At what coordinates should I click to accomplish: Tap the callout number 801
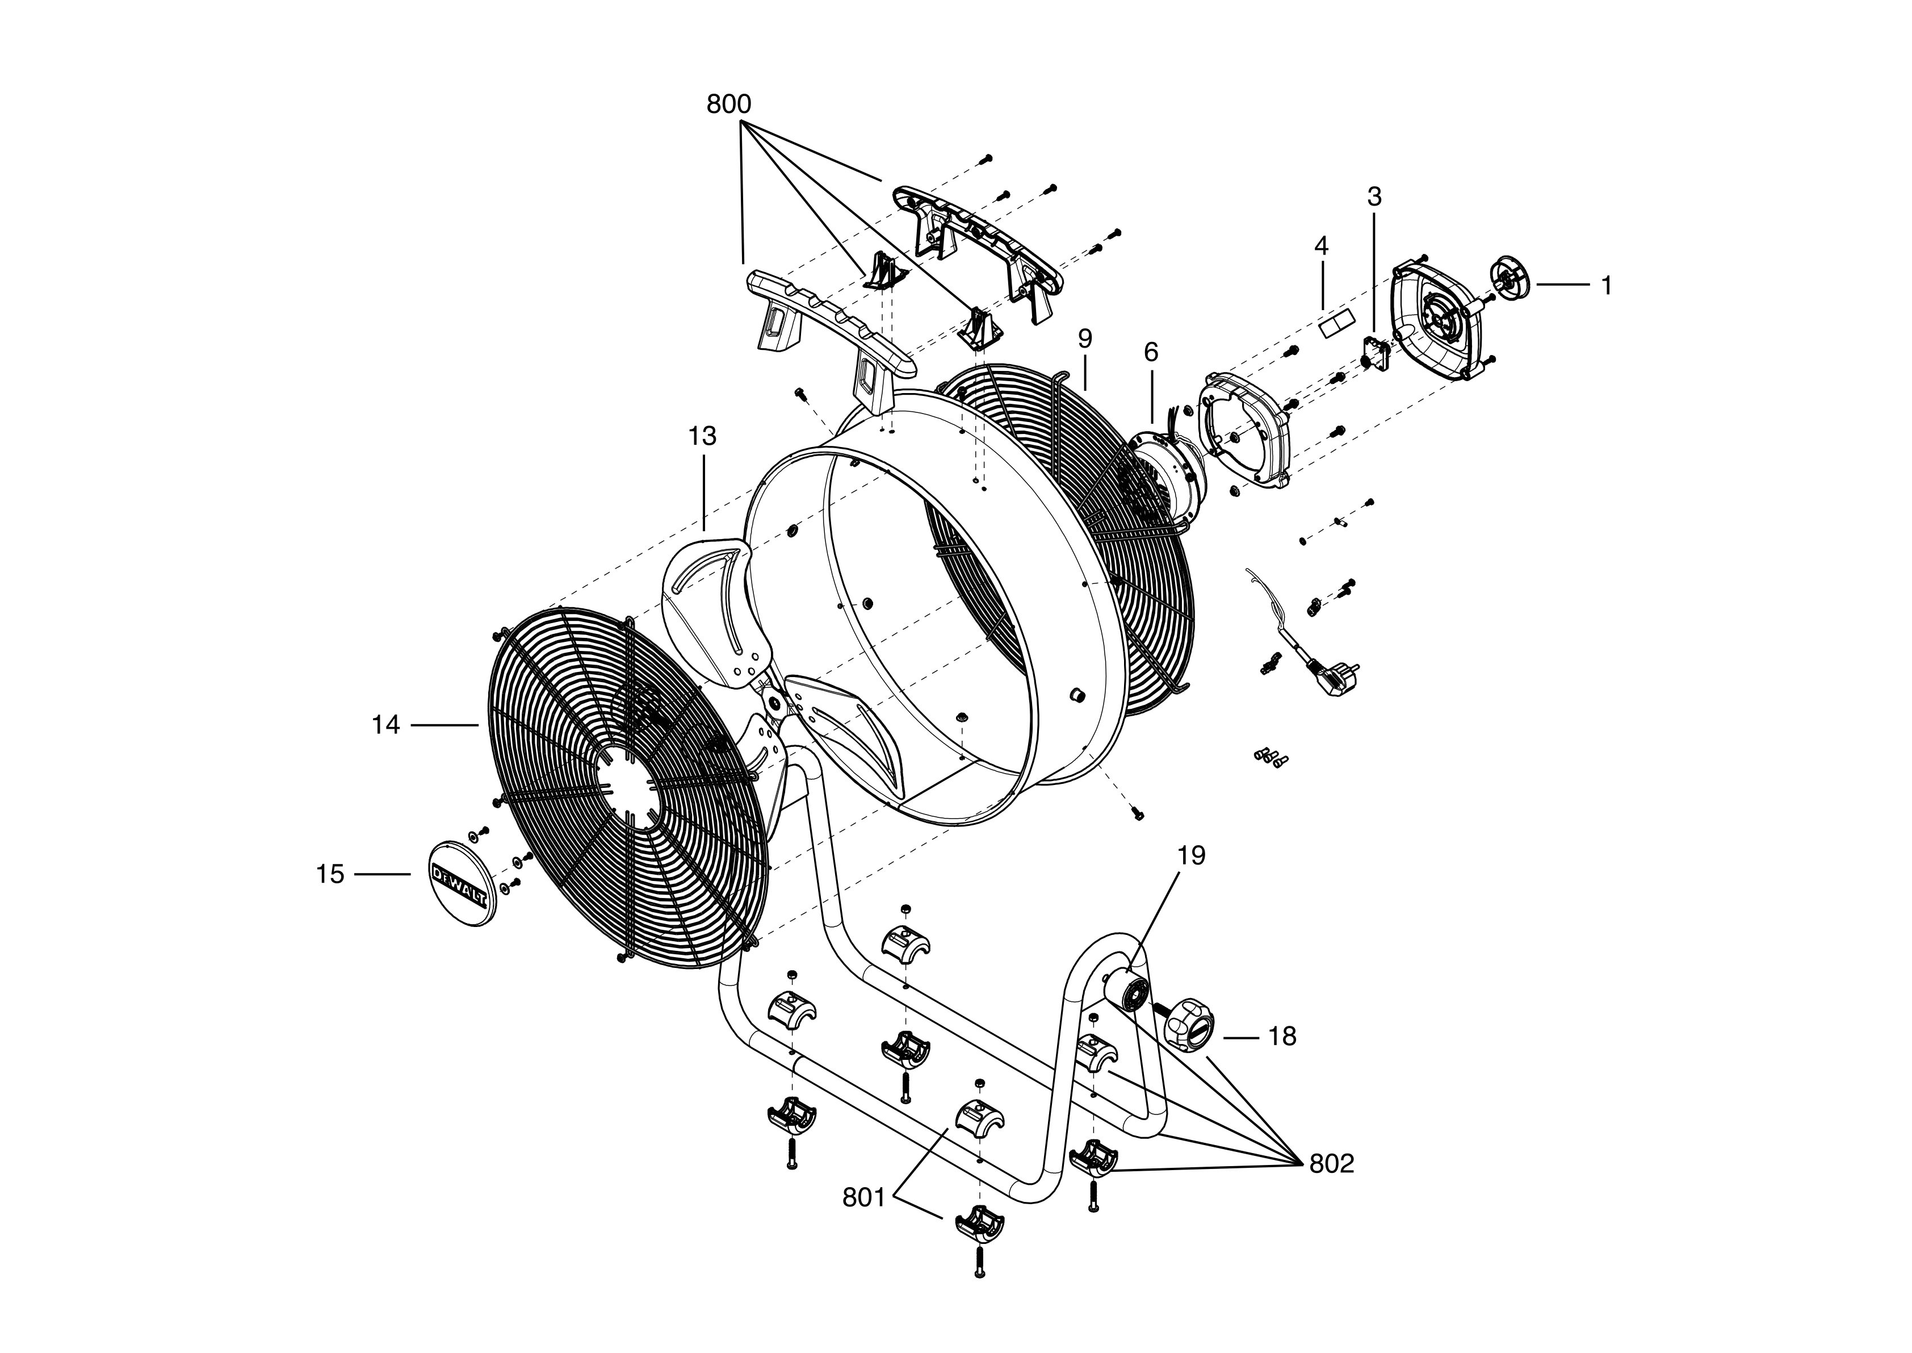tap(863, 1197)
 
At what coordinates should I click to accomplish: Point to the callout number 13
tap(702, 436)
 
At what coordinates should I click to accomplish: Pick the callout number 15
tap(330, 874)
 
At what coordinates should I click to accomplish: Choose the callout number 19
tap(1192, 855)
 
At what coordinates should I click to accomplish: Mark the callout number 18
tap(1282, 1037)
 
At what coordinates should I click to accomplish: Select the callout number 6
tap(1151, 352)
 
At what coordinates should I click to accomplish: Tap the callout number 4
tap(1321, 246)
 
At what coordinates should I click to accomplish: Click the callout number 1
tap(1607, 285)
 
